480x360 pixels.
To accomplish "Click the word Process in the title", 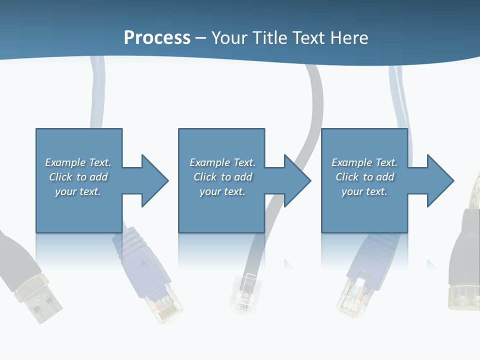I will pos(157,38).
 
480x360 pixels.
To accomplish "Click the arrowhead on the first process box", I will pos(155,180).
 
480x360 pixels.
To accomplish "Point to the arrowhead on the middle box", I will pos(297,180).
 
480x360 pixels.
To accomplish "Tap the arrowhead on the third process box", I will pos(440,180).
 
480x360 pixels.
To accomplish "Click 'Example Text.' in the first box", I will pos(78,162).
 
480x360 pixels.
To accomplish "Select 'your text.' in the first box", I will pos(78,191).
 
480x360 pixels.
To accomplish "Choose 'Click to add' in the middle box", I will pos(222,177).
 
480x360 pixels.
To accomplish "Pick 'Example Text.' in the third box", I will pos(364,162).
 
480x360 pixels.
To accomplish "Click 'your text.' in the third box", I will pos(364,191).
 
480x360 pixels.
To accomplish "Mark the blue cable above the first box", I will pos(97,95).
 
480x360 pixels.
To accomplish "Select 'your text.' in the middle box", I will pos(222,191).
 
